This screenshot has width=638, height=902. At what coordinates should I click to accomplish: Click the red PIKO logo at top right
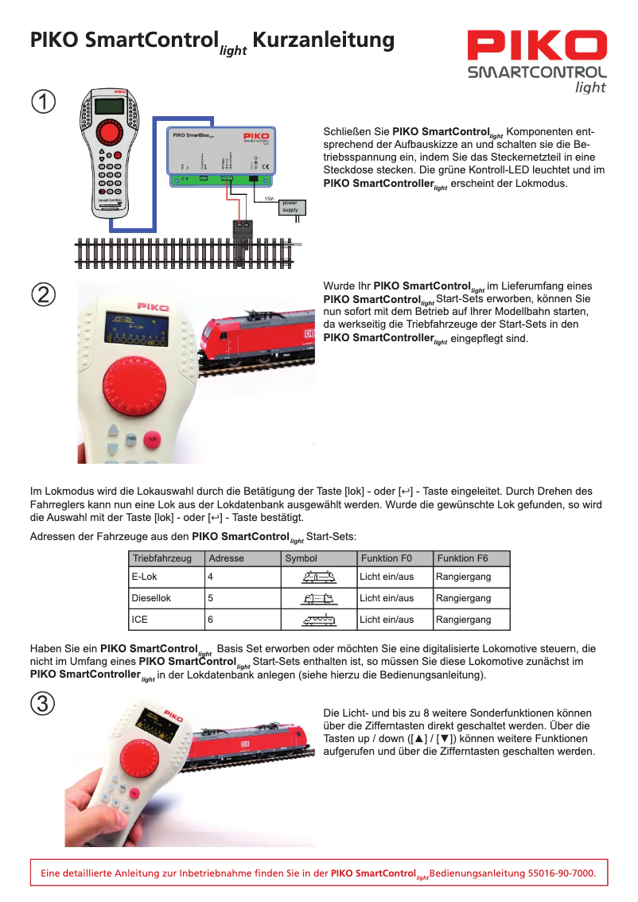click(537, 46)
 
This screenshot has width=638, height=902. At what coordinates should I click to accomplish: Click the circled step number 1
click(43, 103)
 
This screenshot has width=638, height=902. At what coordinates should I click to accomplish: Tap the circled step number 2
click(43, 294)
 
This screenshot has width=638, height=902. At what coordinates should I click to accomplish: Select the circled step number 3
click(43, 703)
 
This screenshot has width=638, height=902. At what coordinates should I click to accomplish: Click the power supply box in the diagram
click(290, 207)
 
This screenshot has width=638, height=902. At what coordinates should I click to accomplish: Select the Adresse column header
click(227, 558)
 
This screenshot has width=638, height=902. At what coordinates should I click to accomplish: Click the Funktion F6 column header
click(462, 558)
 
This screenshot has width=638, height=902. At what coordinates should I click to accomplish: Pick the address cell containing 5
click(211, 597)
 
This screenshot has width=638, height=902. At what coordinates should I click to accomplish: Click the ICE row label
click(140, 619)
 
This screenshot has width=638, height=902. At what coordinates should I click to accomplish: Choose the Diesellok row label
click(151, 597)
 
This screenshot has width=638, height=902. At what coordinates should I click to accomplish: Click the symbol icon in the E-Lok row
click(319, 577)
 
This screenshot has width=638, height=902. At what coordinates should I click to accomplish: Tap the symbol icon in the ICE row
click(319, 619)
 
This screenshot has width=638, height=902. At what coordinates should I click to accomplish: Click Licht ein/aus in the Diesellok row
click(387, 597)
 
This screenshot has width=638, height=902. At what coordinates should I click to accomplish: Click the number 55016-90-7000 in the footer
click(562, 873)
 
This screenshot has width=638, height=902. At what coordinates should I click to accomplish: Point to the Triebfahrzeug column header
click(162, 558)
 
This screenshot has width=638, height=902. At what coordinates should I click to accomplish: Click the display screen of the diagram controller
click(109, 106)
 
